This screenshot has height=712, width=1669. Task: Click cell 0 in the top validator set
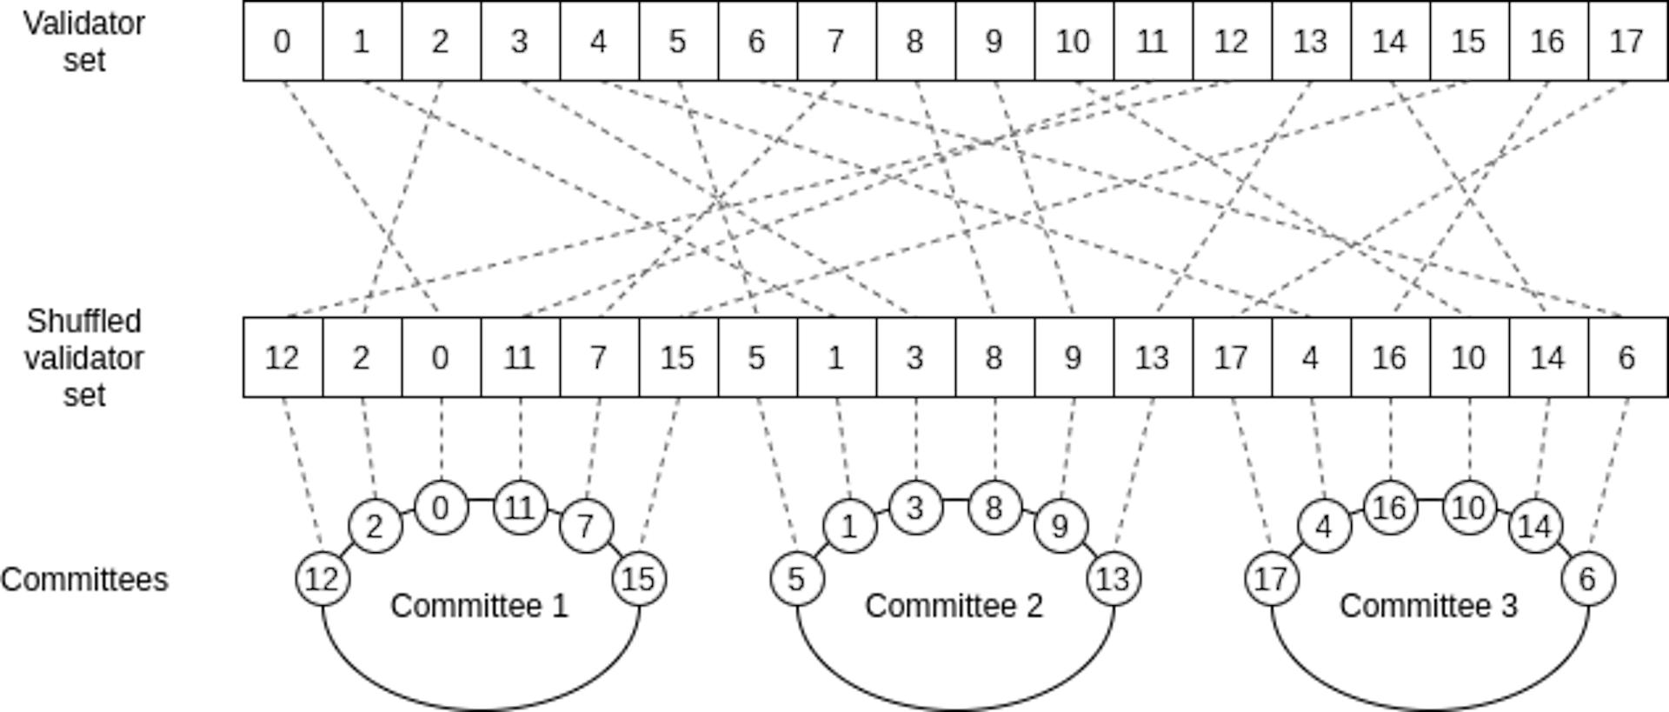point(283,41)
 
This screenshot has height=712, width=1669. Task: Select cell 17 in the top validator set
point(1627,41)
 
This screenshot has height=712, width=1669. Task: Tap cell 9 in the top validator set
point(994,41)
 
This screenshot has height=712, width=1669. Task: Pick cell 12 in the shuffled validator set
point(283,357)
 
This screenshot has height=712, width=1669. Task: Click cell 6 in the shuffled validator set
point(1627,357)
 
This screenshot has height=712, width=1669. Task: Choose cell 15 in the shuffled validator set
point(678,357)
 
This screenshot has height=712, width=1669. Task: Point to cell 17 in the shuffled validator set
point(1232,357)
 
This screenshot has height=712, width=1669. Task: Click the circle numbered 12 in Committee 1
point(322,579)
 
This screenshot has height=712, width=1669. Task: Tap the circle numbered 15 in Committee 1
point(639,579)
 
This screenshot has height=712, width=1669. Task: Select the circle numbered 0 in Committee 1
point(441,508)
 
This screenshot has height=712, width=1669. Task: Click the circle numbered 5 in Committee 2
point(797,579)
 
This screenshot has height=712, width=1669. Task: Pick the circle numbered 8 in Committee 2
point(994,508)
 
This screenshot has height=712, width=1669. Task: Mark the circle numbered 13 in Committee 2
point(1114,579)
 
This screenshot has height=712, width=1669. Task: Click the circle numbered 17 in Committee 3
point(1272,579)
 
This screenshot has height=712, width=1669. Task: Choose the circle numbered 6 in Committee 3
point(1588,579)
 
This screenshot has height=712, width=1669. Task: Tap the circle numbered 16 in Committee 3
point(1390,508)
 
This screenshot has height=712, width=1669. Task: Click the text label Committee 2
point(954,606)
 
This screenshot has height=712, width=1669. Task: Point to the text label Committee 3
point(1428,606)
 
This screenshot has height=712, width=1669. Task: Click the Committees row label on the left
point(84,580)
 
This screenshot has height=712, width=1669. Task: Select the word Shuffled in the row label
point(84,322)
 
